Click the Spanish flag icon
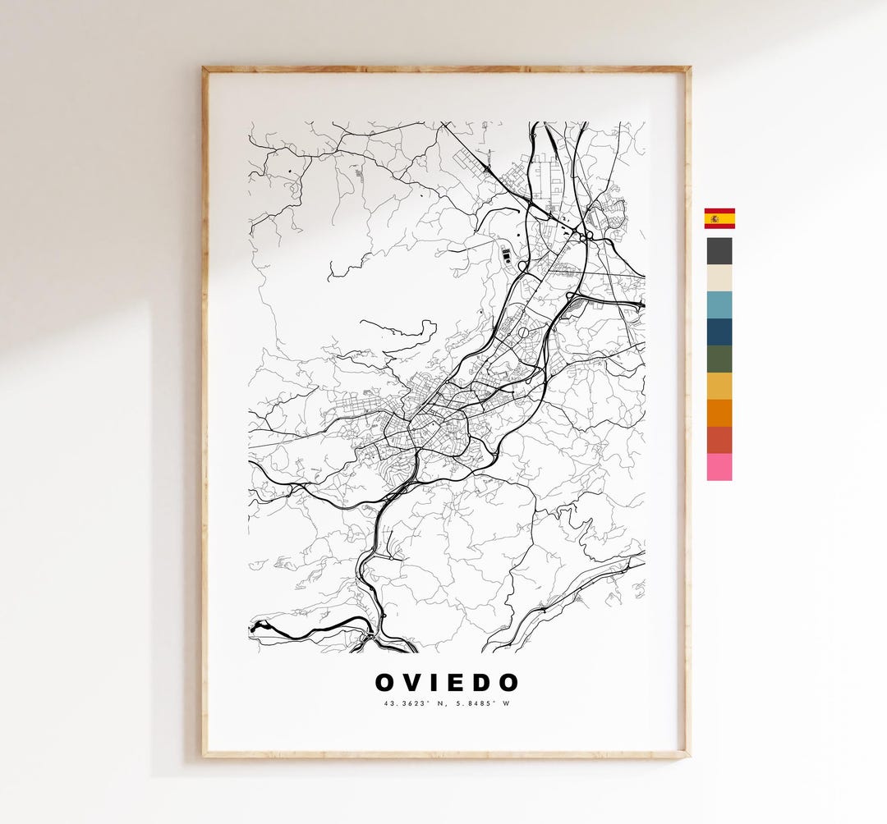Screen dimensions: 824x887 pos(719,218)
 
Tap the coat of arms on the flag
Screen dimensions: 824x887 pos(715,218)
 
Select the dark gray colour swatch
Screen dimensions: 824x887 pos(719,251)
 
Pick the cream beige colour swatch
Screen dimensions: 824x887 pos(719,278)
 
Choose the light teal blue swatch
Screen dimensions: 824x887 pos(719,305)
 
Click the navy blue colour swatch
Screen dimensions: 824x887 pos(719,332)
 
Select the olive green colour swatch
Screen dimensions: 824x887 pos(719,359)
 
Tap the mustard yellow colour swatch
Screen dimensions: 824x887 pos(719,387)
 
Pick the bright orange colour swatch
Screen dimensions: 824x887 pos(719,414)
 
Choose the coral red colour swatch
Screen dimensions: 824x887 pos(719,441)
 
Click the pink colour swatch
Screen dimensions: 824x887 pos(719,467)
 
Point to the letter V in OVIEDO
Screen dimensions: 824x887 pos(415,683)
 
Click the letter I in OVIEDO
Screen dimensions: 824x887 pos(438,683)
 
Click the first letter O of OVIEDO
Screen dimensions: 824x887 pos(386,683)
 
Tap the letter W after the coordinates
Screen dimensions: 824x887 pos(508,703)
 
